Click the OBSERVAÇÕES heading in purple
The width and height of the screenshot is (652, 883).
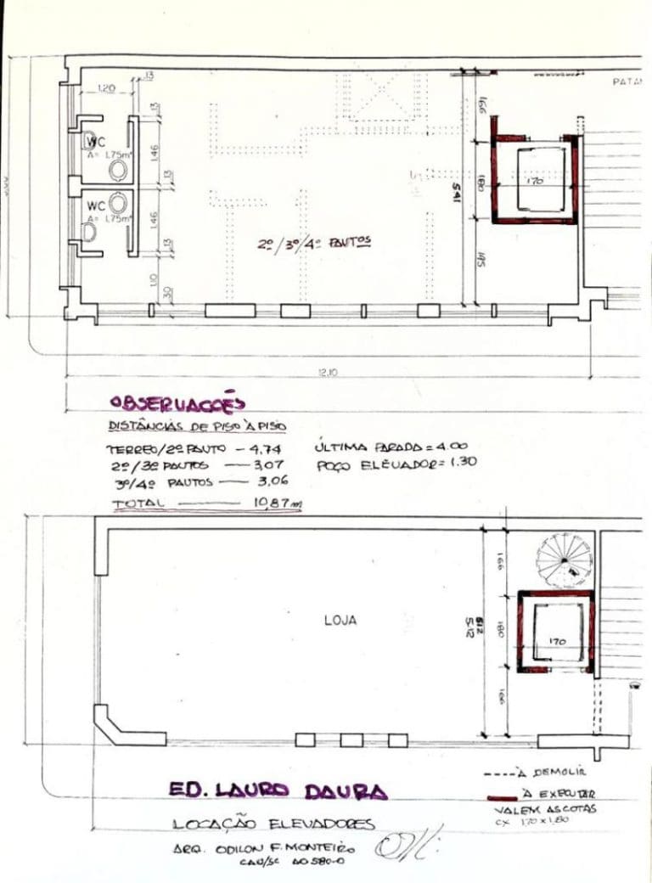177,402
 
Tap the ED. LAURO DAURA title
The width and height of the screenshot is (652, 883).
277,790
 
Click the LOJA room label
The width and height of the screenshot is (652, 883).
340,621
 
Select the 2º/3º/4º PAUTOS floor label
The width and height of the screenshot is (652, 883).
315,244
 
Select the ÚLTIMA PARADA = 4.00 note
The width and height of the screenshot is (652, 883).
391,446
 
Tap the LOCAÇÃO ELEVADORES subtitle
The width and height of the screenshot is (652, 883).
273,824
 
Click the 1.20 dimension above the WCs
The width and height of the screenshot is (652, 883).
107,87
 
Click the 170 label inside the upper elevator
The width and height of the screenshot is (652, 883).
535,180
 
